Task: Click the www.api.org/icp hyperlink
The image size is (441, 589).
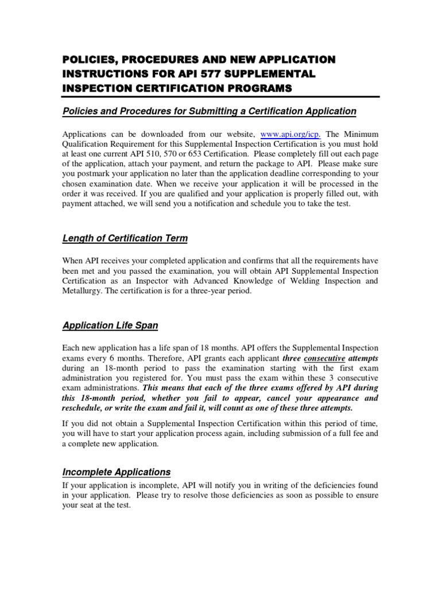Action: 289,133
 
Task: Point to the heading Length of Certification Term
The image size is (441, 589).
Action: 125,238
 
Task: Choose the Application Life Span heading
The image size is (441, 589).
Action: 110,326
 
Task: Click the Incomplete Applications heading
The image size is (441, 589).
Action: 116,472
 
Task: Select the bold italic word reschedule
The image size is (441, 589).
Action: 84,407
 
